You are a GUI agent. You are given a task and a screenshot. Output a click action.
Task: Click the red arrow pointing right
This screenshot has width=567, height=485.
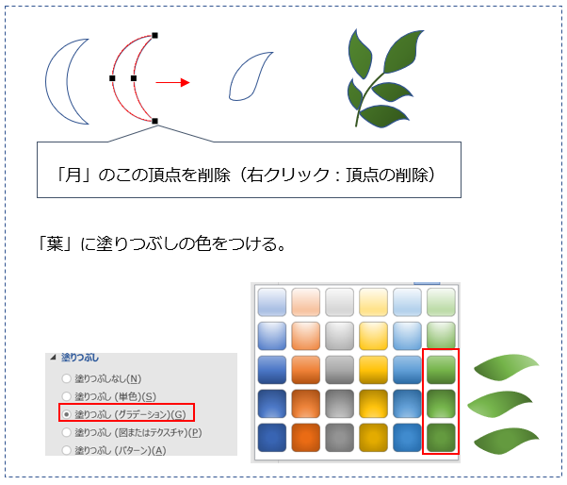(x=172, y=83)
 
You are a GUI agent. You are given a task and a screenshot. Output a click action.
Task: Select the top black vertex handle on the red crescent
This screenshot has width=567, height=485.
(x=154, y=36)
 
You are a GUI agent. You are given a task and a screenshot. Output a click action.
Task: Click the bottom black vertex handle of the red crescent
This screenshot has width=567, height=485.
(x=154, y=121)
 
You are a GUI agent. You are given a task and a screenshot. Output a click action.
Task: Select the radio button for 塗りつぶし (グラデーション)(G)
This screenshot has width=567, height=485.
(x=66, y=414)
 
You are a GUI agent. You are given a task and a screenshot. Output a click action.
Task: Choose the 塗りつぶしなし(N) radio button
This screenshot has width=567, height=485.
(x=66, y=378)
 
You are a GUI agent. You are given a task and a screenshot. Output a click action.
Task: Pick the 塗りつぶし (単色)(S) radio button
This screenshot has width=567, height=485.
(x=66, y=396)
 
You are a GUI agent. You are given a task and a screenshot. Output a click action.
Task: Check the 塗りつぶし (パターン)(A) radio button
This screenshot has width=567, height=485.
(x=66, y=450)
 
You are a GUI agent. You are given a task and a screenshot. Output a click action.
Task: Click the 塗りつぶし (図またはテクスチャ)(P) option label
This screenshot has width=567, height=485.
(x=138, y=432)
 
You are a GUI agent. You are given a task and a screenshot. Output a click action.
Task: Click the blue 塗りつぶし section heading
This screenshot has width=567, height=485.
(x=79, y=358)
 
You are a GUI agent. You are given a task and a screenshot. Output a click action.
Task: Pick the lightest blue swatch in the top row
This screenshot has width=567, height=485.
(x=272, y=302)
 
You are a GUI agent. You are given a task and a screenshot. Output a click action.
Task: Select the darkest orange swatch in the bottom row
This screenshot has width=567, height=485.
(x=305, y=438)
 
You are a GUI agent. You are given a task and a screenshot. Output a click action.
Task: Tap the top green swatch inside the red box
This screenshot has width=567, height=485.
(x=441, y=370)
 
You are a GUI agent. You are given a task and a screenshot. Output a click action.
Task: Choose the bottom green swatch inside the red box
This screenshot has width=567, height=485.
(x=441, y=438)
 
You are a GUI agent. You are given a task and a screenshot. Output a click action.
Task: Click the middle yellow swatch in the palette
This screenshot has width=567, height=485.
(x=373, y=370)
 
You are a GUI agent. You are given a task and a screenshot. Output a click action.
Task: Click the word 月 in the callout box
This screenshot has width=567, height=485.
(x=73, y=176)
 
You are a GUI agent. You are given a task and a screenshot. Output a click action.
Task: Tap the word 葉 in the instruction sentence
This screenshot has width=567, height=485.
(x=55, y=243)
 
